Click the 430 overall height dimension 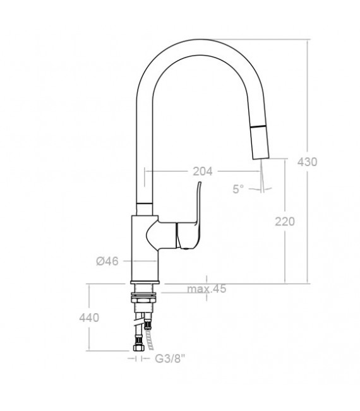(x=307, y=162)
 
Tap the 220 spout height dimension (x=284, y=222)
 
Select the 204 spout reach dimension (x=203, y=171)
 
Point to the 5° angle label (x=238, y=189)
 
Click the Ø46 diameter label (x=107, y=261)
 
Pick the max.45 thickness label (x=207, y=289)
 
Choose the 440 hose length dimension (x=89, y=318)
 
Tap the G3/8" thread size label (x=170, y=359)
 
